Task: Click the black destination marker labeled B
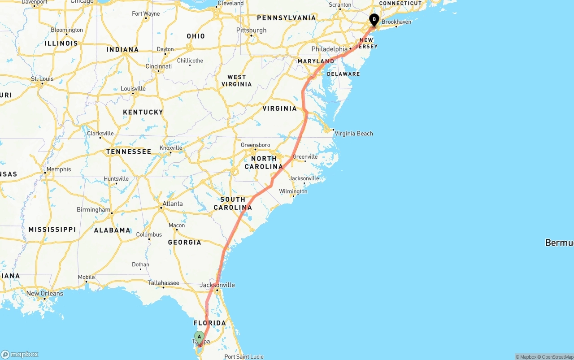[x=374, y=20]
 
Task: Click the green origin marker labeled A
[x=199, y=337]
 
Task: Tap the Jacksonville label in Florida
[x=217, y=285]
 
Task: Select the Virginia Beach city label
[x=353, y=134]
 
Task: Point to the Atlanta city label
[x=172, y=204]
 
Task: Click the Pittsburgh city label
[x=251, y=30]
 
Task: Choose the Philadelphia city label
[x=329, y=49]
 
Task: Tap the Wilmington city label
[x=293, y=191]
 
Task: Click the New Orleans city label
[x=44, y=294]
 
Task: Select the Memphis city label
[x=59, y=169]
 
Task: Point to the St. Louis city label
[x=42, y=79]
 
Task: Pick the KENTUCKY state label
[x=143, y=112]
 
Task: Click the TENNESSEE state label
[x=129, y=152]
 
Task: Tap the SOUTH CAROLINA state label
[x=233, y=204]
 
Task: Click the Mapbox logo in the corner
[x=20, y=354]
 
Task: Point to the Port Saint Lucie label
[x=244, y=357]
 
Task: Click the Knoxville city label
[x=171, y=148]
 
